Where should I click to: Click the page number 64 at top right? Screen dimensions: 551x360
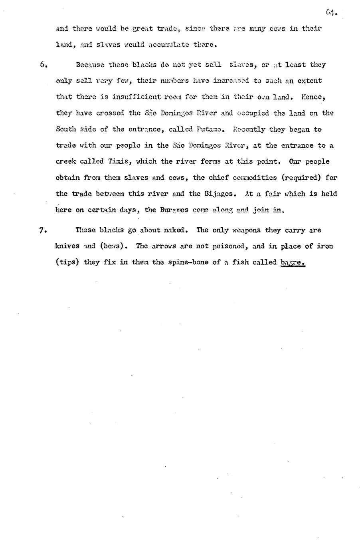(x=331, y=13)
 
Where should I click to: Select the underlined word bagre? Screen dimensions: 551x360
(x=293, y=262)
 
